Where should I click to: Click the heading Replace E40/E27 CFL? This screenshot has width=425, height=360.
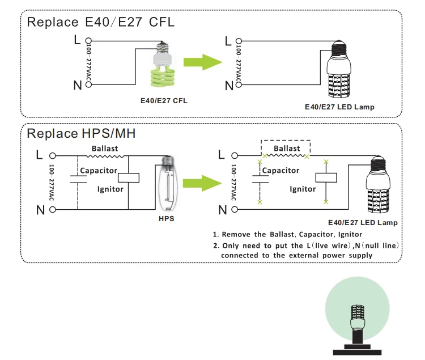tap(101, 23)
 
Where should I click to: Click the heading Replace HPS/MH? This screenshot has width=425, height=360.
tap(82, 134)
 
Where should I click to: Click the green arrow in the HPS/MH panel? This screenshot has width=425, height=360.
tap(202, 182)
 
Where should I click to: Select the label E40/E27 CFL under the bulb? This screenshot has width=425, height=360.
tap(164, 100)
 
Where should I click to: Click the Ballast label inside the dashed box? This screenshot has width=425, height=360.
tap(287, 149)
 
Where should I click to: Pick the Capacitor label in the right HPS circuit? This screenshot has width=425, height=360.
tap(280, 170)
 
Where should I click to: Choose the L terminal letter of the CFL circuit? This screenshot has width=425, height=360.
tap(77, 40)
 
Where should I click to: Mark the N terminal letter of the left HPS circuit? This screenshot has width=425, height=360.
tap(40, 210)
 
